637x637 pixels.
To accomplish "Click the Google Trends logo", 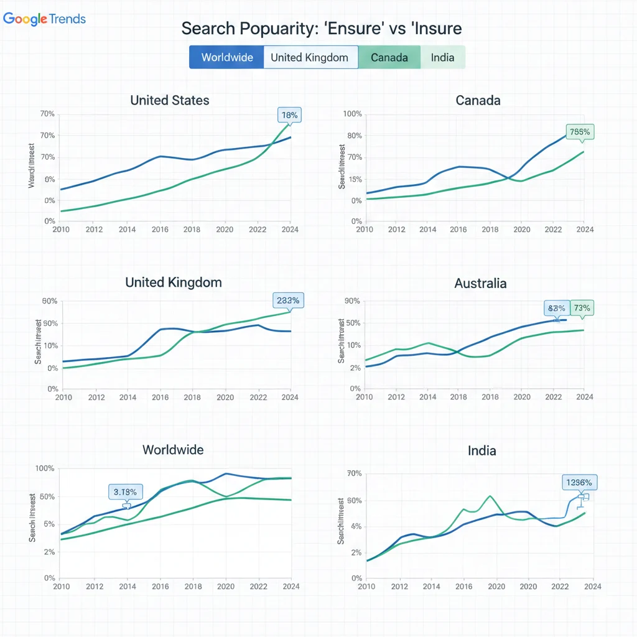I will pyautogui.click(x=44, y=19).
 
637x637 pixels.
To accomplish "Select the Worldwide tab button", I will pyautogui.click(x=227, y=58).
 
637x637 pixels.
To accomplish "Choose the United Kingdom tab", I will pyautogui.click(x=310, y=58).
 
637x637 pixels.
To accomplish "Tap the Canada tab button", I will pyautogui.click(x=389, y=58).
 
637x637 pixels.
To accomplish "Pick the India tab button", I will pyautogui.click(x=442, y=58).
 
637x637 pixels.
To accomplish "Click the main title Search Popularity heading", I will pyautogui.click(x=321, y=29).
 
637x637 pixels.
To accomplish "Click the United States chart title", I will pyautogui.click(x=170, y=100).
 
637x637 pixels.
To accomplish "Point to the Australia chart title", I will pyautogui.click(x=480, y=284).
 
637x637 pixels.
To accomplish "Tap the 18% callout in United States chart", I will pyautogui.click(x=290, y=115).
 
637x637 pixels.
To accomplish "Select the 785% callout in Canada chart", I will pyautogui.click(x=580, y=132).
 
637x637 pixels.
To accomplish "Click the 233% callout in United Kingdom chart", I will pyautogui.click(x=288, y=300).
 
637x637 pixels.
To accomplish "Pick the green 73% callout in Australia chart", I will pyautogui.click(x=582, y=308).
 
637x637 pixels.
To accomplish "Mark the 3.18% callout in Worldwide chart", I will pyautogui.click(x=126, y=492).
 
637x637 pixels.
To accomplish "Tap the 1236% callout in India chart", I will pyautogui.click(x=580, y=483).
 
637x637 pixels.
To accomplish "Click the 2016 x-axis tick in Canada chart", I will pyautogui.click(x=458, y=230).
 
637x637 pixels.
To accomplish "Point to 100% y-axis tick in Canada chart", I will pyautogui.click(x=352, y=114).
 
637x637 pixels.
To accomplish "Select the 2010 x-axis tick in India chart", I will pyautogui.click(x=366, y=586).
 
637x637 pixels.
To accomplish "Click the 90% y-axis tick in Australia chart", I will pyautogui.click(x=352, y=301).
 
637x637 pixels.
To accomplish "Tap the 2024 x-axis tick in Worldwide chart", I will pyautogui.click(x=291, y=586).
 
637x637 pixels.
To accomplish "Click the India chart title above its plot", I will pyautogui.click(x=481, y=450).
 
